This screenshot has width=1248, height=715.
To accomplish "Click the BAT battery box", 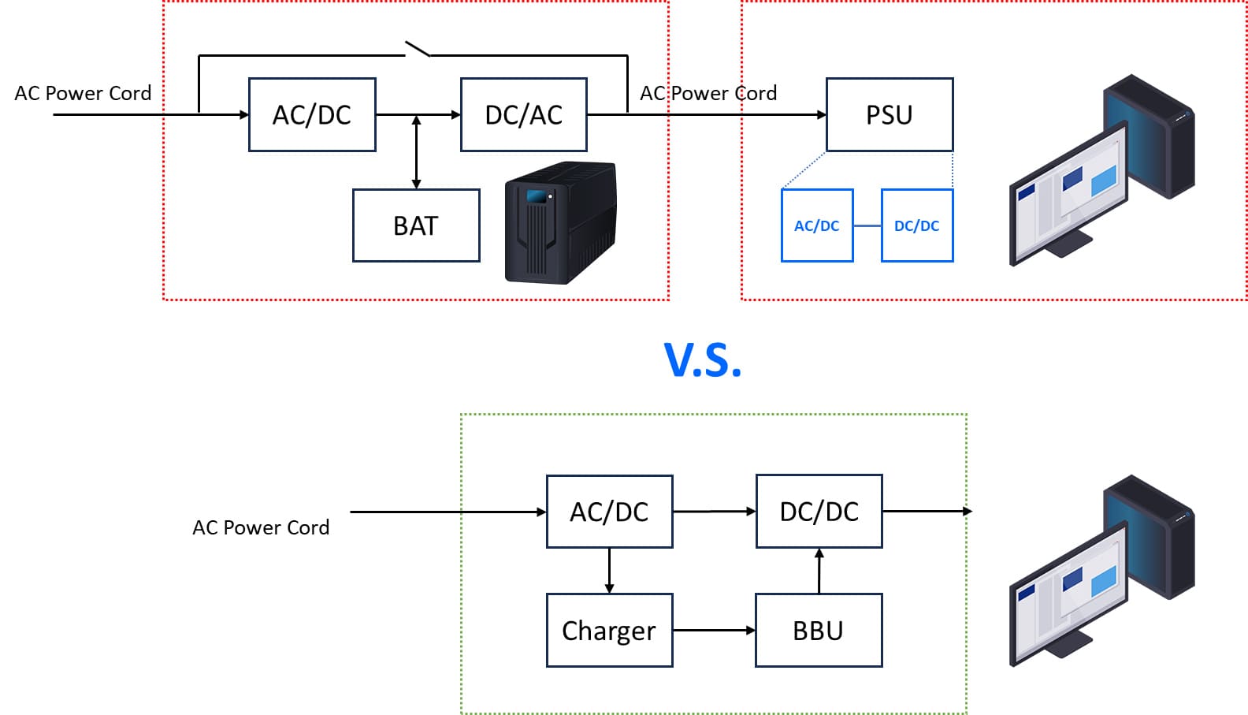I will click(416, 225).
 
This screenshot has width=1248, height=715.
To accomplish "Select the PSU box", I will click(890, 115).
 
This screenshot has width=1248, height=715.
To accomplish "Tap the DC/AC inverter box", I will click(524, 115).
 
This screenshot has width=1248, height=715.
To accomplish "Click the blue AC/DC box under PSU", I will click(817, 225).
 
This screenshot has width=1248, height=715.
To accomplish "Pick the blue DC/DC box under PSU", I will click(917, 225).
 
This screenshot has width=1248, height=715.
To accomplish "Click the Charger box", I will click(609, 631).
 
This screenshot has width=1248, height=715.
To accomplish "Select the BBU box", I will click(819, 631).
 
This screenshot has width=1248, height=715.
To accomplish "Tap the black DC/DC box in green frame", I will click(819, 512).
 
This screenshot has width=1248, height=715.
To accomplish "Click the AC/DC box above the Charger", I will click(609, 512).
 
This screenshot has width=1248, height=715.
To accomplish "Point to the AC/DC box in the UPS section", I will click(312, 115).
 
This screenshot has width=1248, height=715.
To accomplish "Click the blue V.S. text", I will click(703, 360).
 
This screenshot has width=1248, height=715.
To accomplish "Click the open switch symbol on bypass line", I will click(418, 50).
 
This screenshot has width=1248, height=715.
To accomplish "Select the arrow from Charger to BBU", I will click(714, 631).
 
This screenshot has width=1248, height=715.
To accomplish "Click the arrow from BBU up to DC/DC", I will click(819, 571).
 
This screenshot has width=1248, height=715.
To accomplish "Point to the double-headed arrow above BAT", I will click(416, 152).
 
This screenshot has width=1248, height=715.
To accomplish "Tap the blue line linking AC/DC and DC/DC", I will click(867, 226).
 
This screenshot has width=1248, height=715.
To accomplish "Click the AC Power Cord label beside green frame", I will click(261, 527).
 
